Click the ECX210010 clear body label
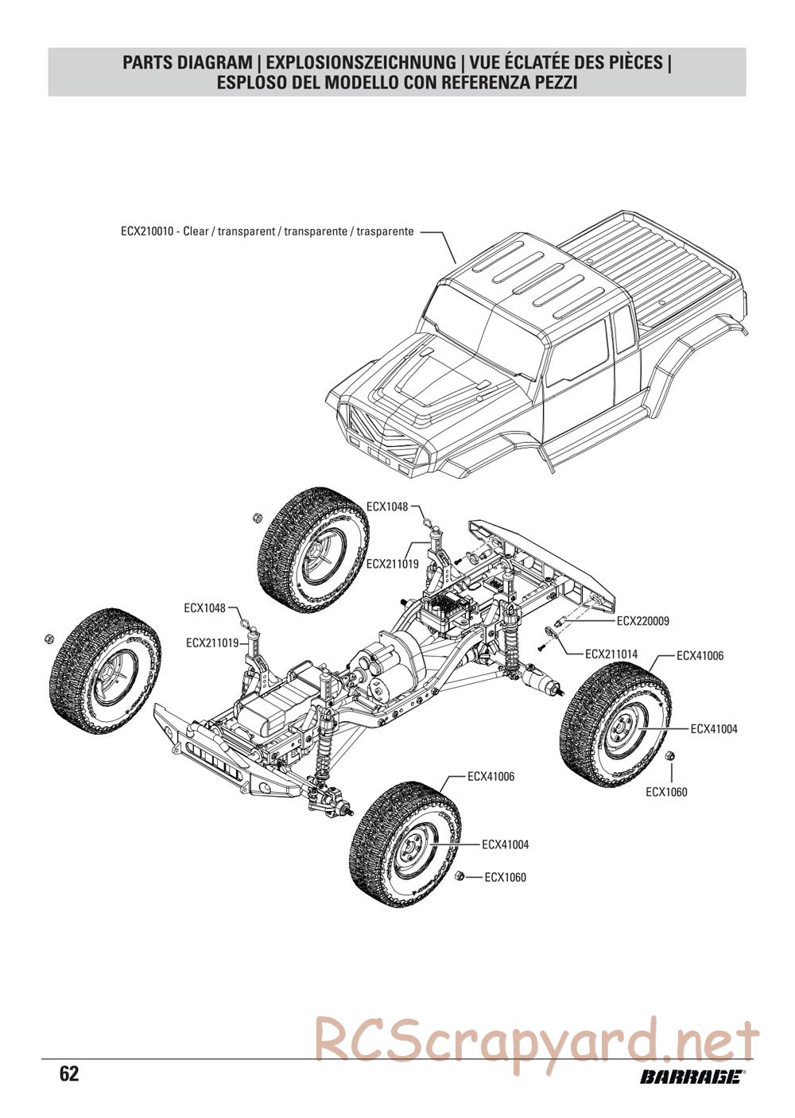267,232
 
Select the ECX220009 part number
642,621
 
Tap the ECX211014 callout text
611,654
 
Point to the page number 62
69,1074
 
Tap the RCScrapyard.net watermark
537,1038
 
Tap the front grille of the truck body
382,433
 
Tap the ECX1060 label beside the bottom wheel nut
505,877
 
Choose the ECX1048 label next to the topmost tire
387,507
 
